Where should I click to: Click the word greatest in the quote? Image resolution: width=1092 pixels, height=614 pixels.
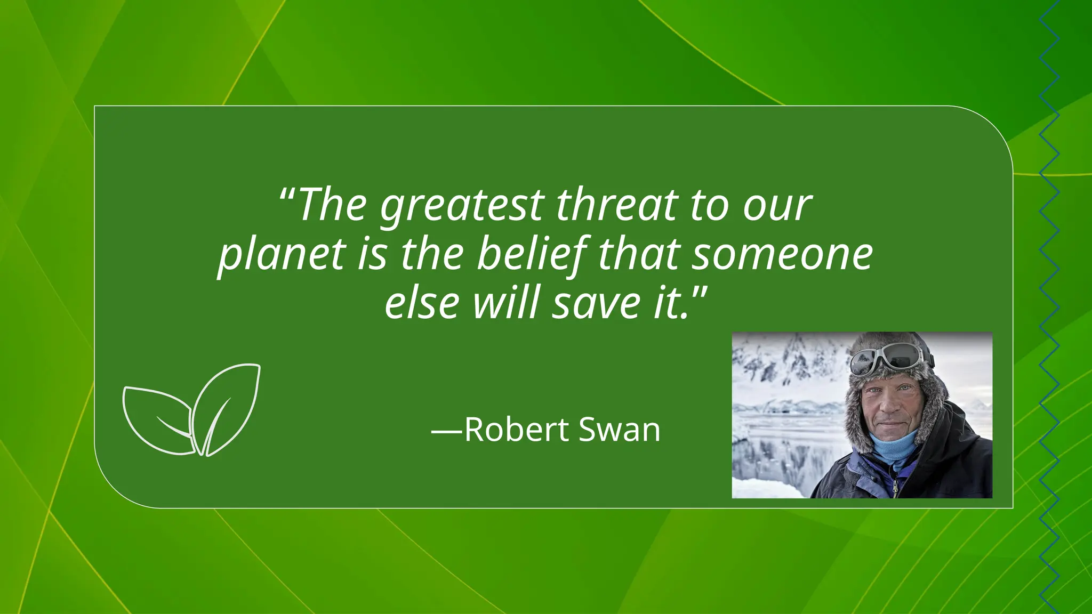pos(462,206)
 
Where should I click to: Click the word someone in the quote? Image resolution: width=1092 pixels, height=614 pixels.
pos(783,255)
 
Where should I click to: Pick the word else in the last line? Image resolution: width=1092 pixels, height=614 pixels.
pos(422,303)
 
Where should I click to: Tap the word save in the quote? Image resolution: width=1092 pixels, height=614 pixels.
pos(596,303)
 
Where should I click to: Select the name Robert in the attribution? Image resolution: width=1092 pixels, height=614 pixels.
pos(517,430)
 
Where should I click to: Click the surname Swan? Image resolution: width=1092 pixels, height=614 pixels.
pos(619,430)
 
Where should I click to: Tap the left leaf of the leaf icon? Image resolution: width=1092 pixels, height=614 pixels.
pos(157,421)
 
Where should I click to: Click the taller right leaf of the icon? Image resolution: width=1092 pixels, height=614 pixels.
pos(227,408)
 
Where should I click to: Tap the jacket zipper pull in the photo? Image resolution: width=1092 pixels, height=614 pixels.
pos(895,487)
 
